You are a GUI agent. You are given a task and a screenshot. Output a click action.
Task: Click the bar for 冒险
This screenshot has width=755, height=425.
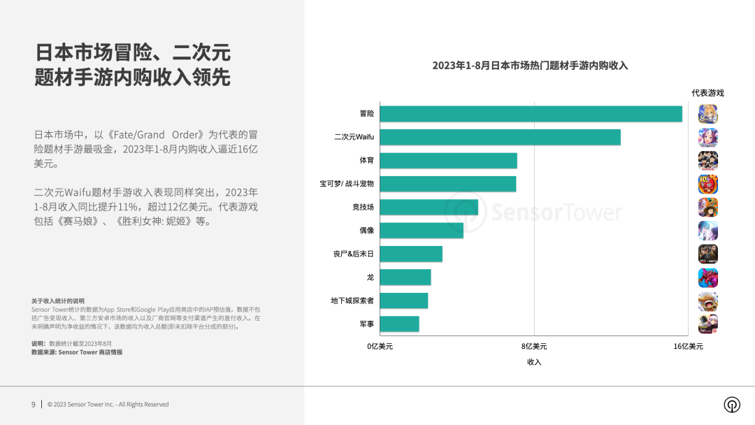(531, 114)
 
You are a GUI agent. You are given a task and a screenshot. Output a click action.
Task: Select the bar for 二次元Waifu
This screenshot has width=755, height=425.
(500, 137)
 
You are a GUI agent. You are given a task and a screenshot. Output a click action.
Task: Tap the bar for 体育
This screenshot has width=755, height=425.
(448, 161)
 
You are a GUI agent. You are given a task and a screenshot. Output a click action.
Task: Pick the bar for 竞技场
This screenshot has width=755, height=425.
(429, 208)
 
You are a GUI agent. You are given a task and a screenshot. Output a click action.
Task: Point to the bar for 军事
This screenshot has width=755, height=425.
(399, 324)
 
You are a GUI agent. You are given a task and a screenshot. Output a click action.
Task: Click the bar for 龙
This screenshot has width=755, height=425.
(405, 278)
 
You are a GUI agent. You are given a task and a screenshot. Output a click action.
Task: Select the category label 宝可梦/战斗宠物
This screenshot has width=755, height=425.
(347, 184)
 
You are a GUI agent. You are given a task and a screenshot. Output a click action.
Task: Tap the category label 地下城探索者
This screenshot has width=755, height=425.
(352, 301)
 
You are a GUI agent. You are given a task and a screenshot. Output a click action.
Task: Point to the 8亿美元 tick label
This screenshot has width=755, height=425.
(534, 346)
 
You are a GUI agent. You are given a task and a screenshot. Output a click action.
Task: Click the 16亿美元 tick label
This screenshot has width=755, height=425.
(688, 346)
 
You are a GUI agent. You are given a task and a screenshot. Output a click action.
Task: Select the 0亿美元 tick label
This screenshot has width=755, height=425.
(380, 346)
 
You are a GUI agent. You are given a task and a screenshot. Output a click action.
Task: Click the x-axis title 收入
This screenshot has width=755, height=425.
(534, 362)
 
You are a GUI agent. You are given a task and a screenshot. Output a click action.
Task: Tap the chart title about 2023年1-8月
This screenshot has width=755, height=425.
(530, 66)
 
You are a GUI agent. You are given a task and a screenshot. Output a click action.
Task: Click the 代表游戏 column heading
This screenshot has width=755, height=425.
(707, 93)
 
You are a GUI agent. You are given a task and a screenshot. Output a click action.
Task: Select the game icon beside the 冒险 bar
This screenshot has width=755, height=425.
(708, 114)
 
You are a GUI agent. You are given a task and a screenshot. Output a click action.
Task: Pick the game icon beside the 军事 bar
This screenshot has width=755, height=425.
(708, 324)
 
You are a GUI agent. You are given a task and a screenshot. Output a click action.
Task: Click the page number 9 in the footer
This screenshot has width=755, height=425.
(33, 404)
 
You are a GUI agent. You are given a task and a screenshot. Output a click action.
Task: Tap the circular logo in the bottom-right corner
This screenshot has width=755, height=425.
(732, 405)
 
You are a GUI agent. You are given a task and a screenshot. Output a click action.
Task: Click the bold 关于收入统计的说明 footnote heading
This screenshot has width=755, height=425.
(58, 301)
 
